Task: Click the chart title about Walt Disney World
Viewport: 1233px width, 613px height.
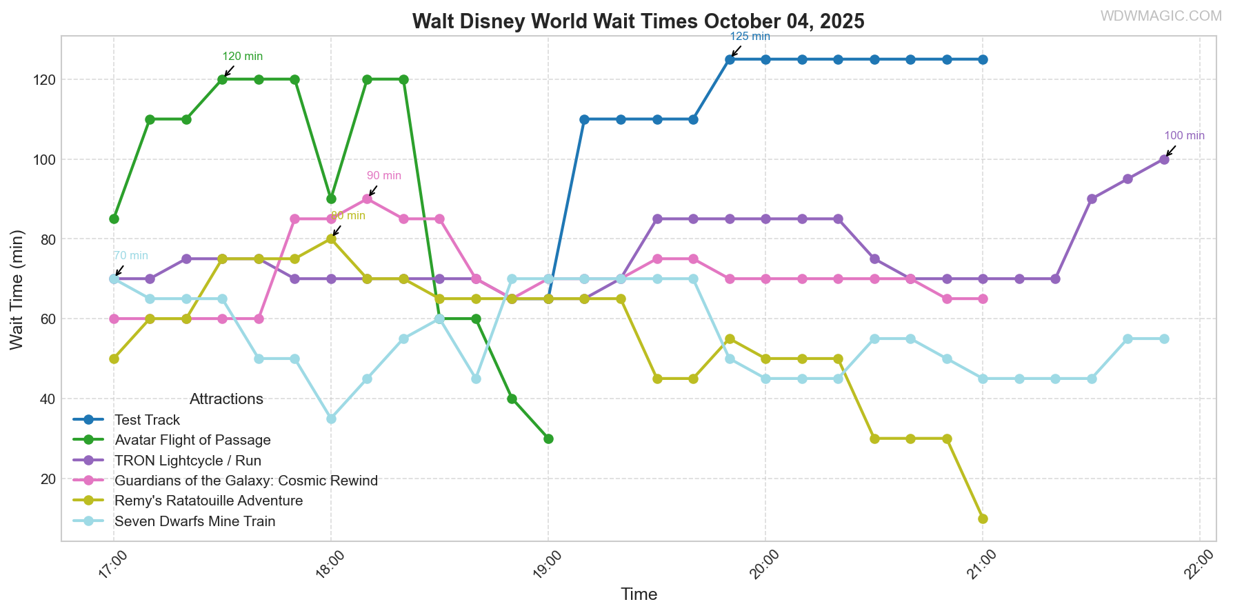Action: pyautogui.click(x=638, y=21)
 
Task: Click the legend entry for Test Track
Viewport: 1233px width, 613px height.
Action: pyautogui.click(x=147, y=420)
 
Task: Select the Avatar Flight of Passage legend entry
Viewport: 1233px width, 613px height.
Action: pyautogui.click(x=192, y=440)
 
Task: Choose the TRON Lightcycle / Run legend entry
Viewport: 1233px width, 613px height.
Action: pyautogui.click(x=188, y=461)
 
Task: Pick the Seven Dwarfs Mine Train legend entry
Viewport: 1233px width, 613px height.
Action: pyautogui.click(x=194, y=521)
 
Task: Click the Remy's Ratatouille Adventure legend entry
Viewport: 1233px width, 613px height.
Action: pyautogui.click(x=208, y=501)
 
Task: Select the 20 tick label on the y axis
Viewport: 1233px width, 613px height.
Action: pyautogui.click(x=48, y=479)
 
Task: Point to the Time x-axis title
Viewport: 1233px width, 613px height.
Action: pyautogui.click(x=639, y=594)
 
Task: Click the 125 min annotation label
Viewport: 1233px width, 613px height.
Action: pyautogui.click(x=750, y=37)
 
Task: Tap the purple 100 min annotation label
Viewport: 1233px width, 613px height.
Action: pyautogui.click(x=1184, y=136)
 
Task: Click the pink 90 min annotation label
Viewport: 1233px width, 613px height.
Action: pyautogui.click(x=383, y=176)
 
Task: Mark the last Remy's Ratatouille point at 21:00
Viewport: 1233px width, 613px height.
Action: pyautogui.click(x=983, y=519)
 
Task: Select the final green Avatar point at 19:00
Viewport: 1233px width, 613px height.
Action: pyautogui.click(x=548, y=439)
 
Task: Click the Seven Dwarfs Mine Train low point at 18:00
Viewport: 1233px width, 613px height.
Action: pyautogui.click(x=331, y=419)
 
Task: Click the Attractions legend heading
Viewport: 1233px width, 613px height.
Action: pyautogui.click(x=226, y=399)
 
